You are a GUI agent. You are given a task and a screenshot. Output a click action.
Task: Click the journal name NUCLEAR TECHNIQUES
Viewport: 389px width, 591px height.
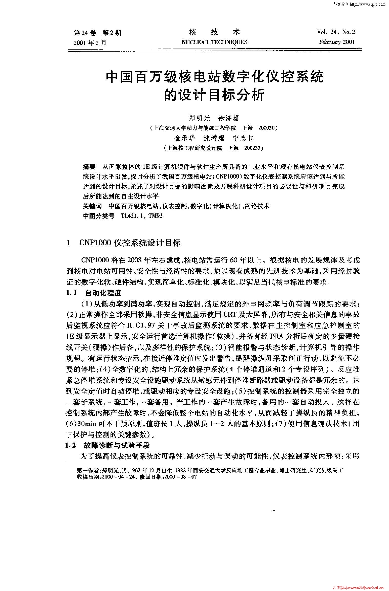coord(214,42)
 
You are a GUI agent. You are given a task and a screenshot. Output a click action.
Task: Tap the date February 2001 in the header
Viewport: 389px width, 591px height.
coord(337,42)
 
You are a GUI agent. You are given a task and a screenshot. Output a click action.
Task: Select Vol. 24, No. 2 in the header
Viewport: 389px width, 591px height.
coord(336,32)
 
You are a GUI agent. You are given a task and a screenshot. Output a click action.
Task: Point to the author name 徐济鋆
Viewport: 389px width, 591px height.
coord(229,118)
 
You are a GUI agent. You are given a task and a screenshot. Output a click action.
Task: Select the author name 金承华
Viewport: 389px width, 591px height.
coord(185,138)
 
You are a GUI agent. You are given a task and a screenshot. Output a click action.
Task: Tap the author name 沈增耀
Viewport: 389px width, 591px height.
coord(214,138)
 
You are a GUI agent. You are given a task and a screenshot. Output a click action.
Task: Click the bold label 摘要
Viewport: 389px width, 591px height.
coord(89,167)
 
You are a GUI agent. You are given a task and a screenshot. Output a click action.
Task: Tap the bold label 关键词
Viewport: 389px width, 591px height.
coord(92,206)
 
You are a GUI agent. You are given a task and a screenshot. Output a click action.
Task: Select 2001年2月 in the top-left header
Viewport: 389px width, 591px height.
coord(90,42)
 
